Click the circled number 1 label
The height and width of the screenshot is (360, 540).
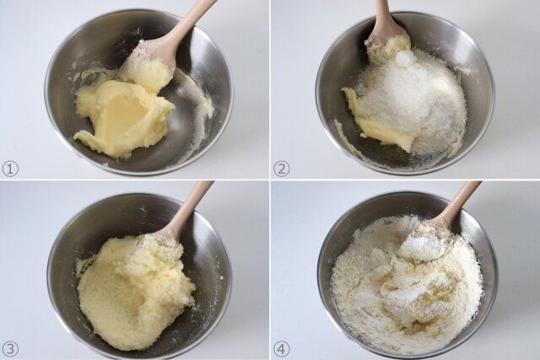point(10,169)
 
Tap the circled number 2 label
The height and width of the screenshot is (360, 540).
point(282,169)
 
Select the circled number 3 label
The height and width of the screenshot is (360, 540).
point(10,349)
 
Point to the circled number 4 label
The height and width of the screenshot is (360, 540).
point(282,349)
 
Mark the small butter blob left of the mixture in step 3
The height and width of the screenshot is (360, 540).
point(83,265)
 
